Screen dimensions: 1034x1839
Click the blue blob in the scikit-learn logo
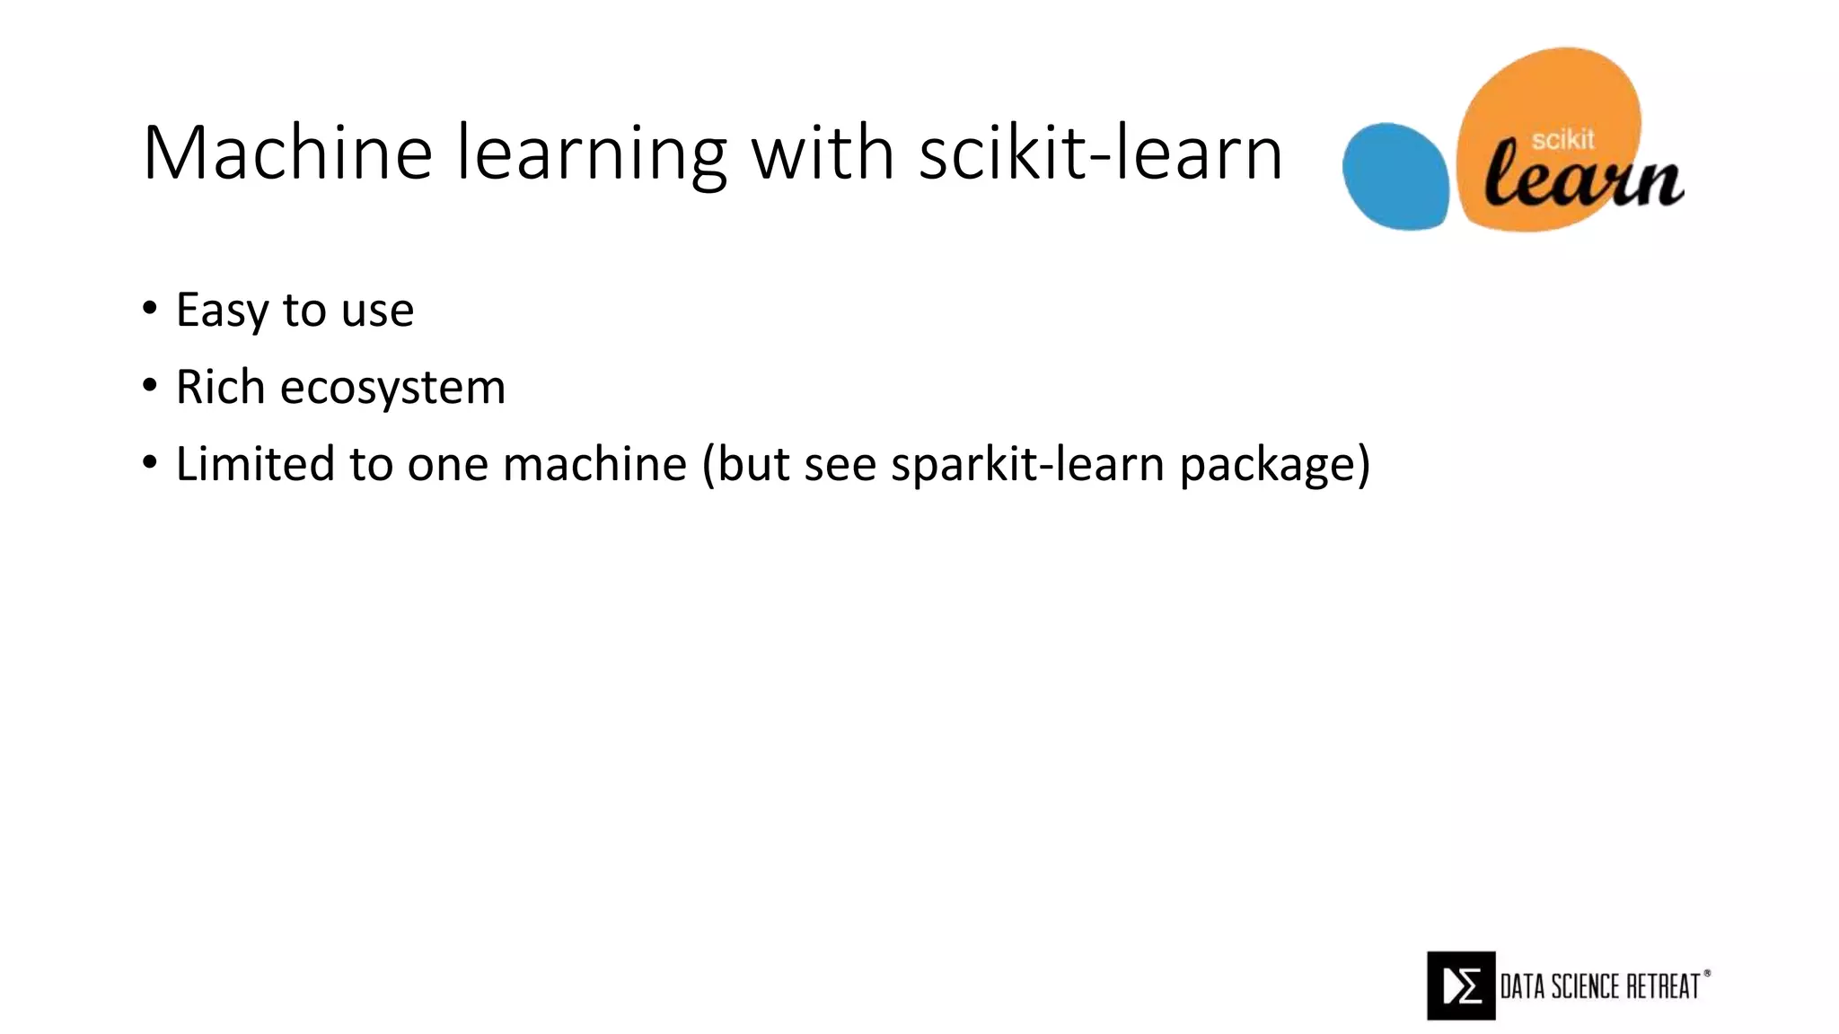[x=1395, y=177]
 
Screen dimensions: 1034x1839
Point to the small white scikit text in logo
[x=1562, y=140]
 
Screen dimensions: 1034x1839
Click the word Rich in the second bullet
[x=220, y=387]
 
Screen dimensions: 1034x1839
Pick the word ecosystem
[x=392, y=388]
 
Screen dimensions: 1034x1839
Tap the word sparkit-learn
[x=1027, y=464]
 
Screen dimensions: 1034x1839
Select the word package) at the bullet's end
[x=1274, y=465]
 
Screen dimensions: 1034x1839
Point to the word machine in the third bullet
[x=594, y=464]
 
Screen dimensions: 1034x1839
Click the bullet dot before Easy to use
[x=149, y=309]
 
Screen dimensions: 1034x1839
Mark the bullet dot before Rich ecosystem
[x=149, y=386]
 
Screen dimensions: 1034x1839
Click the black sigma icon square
[x=1460, y=986]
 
